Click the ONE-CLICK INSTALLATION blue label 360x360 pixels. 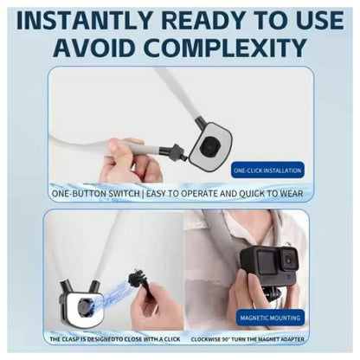click(267, 172)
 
